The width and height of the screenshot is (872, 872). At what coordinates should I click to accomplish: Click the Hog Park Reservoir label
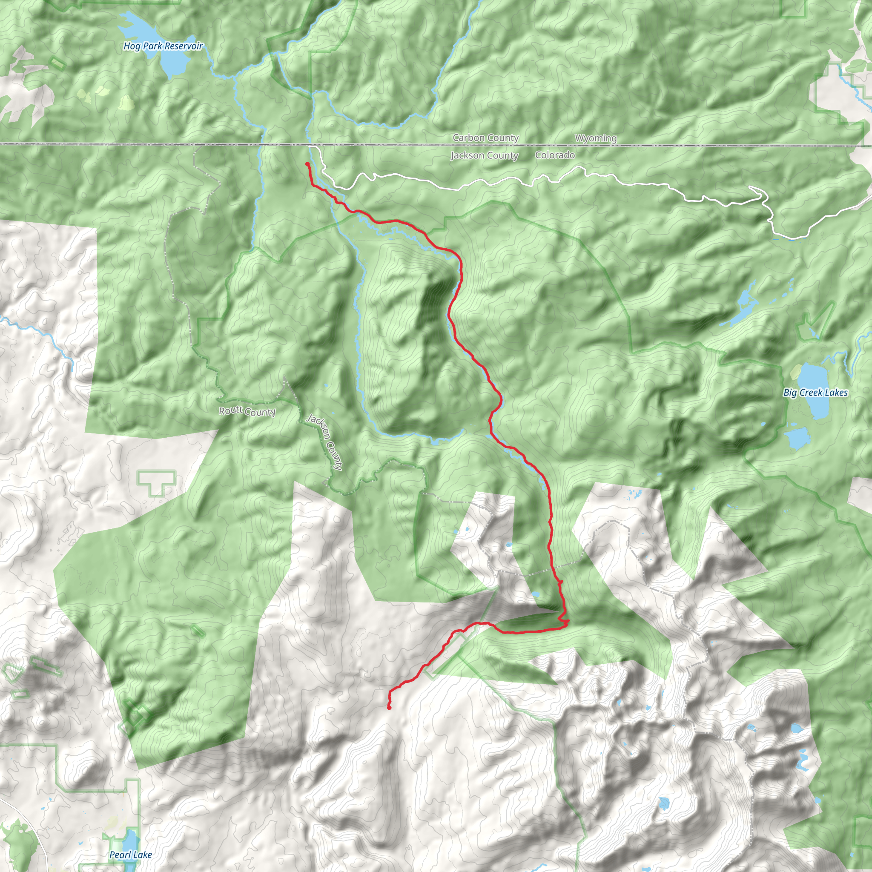[163, 46]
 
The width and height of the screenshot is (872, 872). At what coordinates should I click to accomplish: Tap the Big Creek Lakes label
[815, 393]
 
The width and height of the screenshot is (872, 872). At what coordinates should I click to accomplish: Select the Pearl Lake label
[130, 855]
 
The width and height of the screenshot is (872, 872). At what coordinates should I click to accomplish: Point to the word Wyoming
[595, 138]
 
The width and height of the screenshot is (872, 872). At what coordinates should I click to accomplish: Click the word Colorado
[555, 155]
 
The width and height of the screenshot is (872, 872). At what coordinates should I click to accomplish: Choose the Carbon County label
[486, 138]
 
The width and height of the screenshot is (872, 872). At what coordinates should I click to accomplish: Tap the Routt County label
[247, 411]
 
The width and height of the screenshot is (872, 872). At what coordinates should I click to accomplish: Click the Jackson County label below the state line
[484, 156]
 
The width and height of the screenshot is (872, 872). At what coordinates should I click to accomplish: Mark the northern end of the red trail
[307, 164]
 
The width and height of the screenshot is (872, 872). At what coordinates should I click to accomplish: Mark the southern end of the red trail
[389, 708]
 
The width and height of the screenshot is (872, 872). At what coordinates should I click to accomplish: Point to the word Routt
[230, 410]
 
